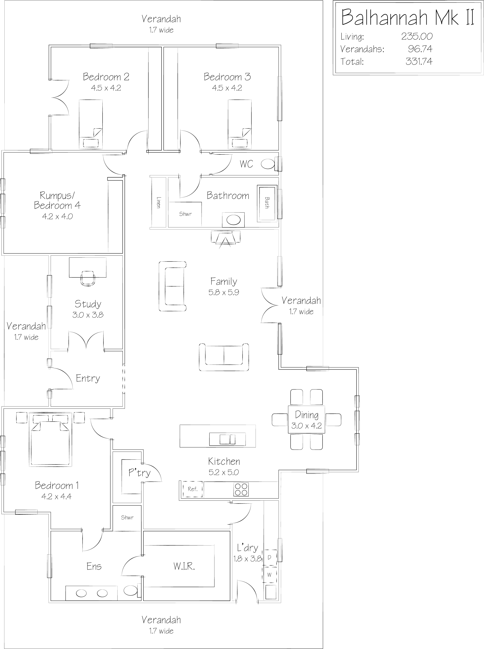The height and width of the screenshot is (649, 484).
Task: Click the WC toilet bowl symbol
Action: [x=267, y=164]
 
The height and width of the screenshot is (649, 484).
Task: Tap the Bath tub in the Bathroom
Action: [x=267, y=203]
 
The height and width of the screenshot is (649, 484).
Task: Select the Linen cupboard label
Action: [x=158, y=202]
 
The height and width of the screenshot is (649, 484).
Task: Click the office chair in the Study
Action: [x=88, y=278]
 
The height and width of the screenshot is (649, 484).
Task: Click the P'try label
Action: [x=139, y=473]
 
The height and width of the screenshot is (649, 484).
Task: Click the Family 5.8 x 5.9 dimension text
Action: [x=224, y=292]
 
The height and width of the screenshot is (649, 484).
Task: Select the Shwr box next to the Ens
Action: [x=127, y=518]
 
